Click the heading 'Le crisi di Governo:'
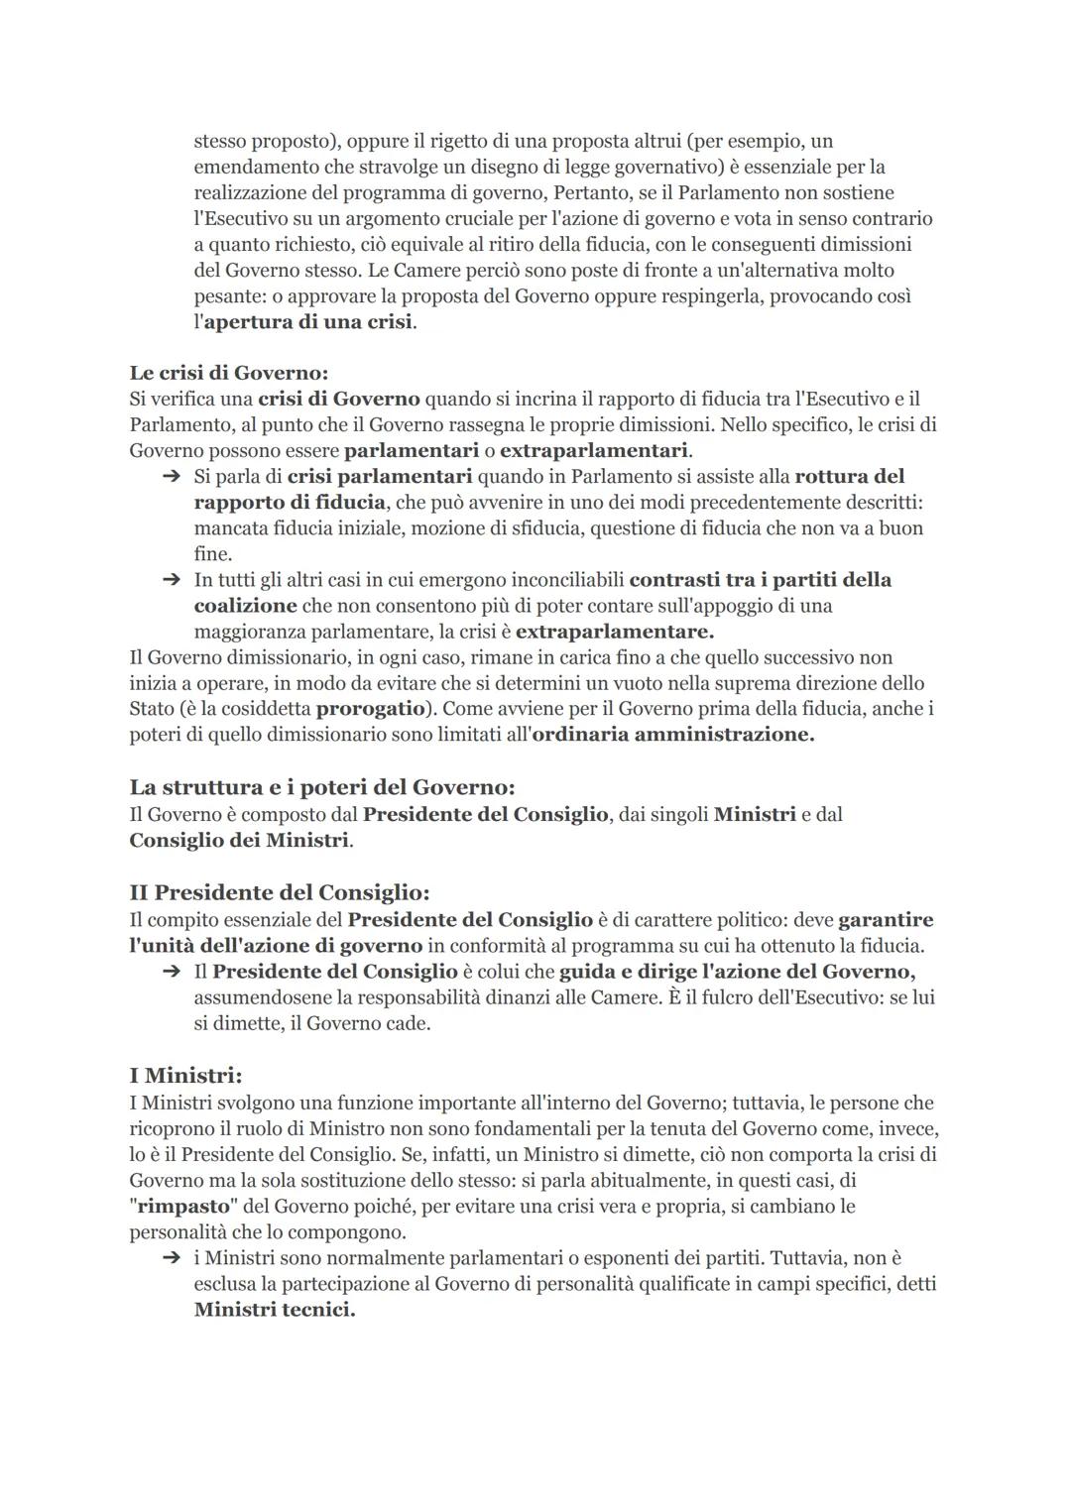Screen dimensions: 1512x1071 pos(228,373)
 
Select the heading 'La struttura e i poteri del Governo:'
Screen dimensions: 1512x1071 pos(322,787)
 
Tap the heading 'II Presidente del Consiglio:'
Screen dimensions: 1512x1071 pos(279,892)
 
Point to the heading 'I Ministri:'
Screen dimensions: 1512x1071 pos(185,1076)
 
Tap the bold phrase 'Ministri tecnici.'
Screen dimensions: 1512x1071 pos(274,1310)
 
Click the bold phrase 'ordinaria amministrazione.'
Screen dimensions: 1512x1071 pos(672,735)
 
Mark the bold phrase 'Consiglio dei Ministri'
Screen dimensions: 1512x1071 pos(239,840)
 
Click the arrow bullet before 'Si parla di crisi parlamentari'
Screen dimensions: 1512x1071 pos(171,477)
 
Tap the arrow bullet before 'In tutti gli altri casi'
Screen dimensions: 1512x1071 pos(171,580)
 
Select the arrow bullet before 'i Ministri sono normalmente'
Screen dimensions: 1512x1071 pos(171,1258)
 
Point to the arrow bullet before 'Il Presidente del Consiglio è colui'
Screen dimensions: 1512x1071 pos(171,972)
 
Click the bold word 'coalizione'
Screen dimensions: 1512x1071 pos(245,606)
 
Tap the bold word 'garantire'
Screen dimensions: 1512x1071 pos(886,920)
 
